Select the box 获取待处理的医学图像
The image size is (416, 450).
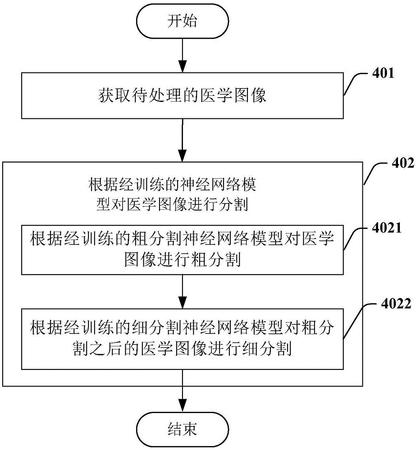pyautogui.click(x=182, y=96)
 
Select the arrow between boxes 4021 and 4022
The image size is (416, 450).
pyautogui.click(x=183, y=291)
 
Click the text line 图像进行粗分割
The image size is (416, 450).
pyautogui.click(x=182, y=260)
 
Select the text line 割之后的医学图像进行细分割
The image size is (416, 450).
pyautogui.click(x=182, y=348)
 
